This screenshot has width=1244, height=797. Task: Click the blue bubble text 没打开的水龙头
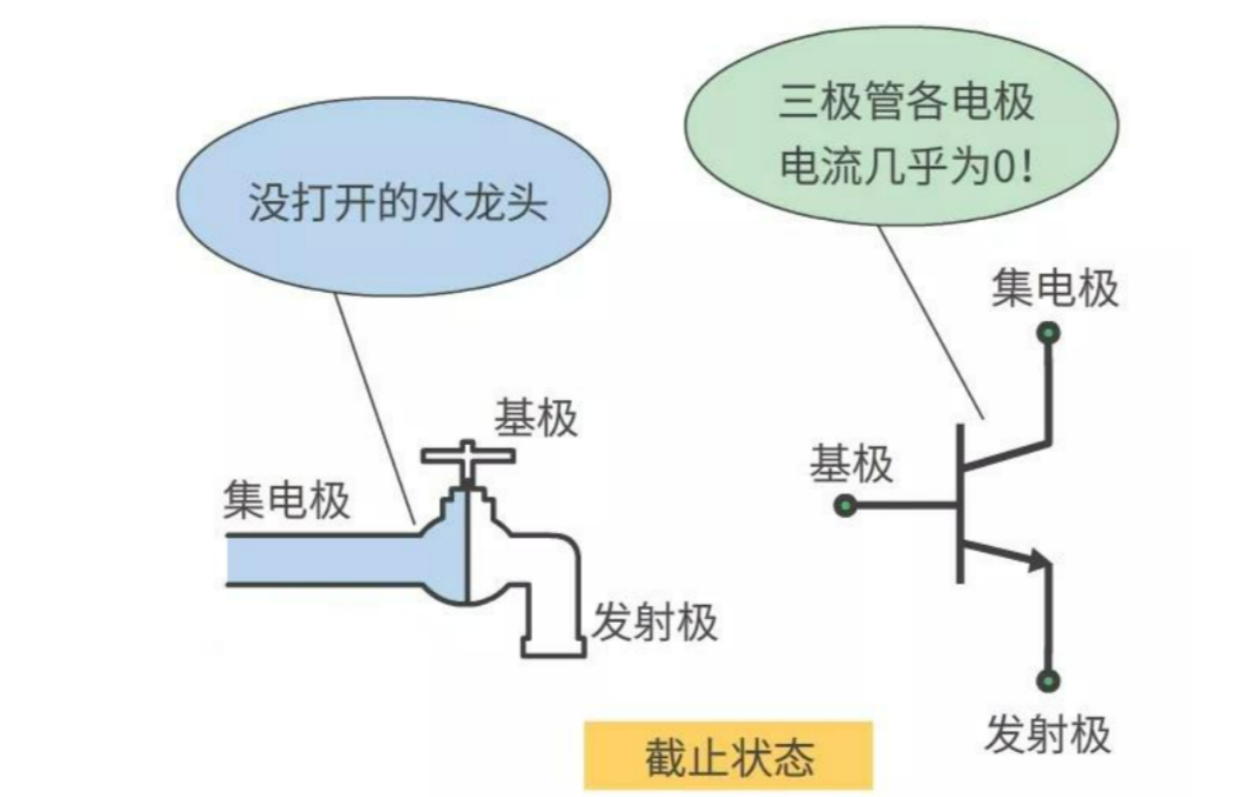point(397,202)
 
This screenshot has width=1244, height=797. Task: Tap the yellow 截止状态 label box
point(728,756)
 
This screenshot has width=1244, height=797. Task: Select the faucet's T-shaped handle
point(468,455)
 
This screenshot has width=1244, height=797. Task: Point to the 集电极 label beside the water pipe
point(286,500)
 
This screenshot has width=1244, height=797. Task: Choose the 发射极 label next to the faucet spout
point(654,622)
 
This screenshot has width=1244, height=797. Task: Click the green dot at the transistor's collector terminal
point(1048,332)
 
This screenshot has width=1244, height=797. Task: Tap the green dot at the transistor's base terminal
point(845,506)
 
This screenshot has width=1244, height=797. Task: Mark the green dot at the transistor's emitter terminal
point(1048,681)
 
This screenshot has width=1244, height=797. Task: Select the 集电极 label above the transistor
point(1054,288)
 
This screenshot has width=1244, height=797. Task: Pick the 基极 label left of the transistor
point(851,465)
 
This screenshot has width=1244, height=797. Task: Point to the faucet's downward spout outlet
point(554,646)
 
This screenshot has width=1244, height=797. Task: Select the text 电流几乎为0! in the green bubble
point(906,166)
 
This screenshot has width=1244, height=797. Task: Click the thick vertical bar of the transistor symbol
point(960,504)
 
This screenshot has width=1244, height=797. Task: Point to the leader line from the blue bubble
point(374,405)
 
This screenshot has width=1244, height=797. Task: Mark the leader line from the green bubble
point(930,320)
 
